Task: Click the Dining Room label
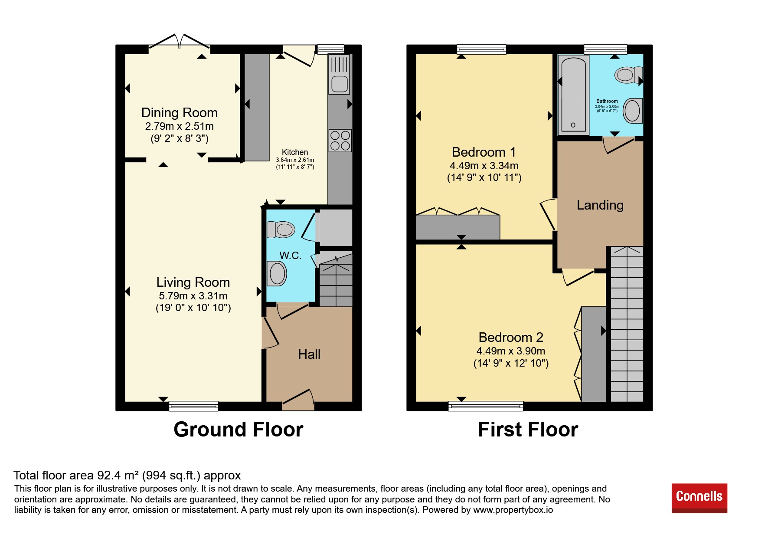pyautogui.click(x=179, y=113)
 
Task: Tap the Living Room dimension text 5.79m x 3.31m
pyautogui.click(x=193, y=296)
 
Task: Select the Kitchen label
pyautogui.click(x=295, y=152)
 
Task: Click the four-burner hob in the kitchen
pyautogui.click(x=340, y=141)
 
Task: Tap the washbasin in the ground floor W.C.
pyautogui.click(x=276, y=274)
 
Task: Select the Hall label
pyautogui.click(x=309, y=354)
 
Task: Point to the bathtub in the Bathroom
pyautogui.click(x=573, y=94)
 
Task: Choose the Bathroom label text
pyautogui.click(x=607, y=101)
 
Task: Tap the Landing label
pyautogui.click(x=600, y=205)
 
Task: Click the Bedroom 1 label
pyautogui.click(x=484, y=152)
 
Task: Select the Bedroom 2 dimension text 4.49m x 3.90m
pyautogui.click(x=511, y=351)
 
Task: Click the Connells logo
pyautogui.click(x=699, y=498)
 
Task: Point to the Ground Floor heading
pyautogui.click(x=239, y=430)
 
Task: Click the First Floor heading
pyautogui.click(x=528, y=430)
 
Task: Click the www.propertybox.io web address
pyautogui.click(x=513, y=510)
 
